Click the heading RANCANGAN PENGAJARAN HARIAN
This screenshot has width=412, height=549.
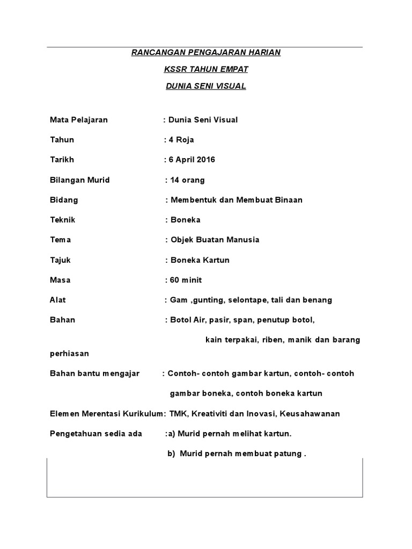[x=206, y=53]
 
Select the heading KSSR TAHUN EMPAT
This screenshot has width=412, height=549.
[x=206, y=69]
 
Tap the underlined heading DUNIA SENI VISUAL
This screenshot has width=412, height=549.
[x=206, y=86]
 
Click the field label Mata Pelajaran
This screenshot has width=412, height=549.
[x=78, y=120]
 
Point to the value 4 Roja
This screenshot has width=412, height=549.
[x=181, y=140]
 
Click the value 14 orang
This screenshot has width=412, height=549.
[x=187, y=180]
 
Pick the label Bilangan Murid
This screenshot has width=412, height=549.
[x=79, y=180]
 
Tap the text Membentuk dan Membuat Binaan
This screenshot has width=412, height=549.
[x=237, y=200]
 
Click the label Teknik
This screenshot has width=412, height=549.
[x=62, y=220]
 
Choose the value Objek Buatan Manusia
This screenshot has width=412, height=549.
[x=215, y=240]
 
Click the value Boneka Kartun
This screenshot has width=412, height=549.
[x=200, y=260]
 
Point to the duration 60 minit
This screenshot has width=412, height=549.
[x=186, y=280]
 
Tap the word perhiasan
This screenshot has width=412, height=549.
[x=69, y=353]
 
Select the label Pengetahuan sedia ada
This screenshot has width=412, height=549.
[x=95, y=433]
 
